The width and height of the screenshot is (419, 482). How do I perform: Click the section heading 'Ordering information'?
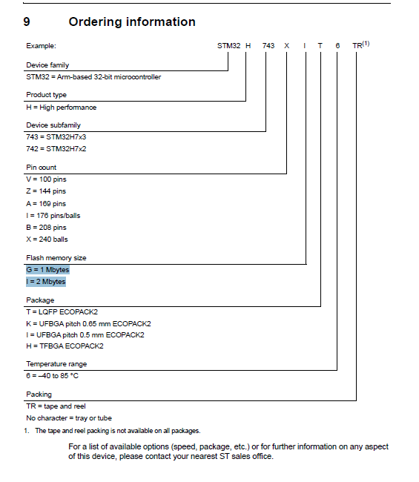click(x=132, y=22)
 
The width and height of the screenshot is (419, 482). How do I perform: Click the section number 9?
click(x=27, y=22)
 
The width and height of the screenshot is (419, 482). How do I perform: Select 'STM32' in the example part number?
click(x=228, y=46)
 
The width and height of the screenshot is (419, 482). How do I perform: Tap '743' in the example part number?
click(x=268, y=46)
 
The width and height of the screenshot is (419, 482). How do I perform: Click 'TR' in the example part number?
click(x=357, y=46)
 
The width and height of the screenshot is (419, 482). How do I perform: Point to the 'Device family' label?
click(x=47, y=65)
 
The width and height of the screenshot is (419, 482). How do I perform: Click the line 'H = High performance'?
click(x=61, y=107)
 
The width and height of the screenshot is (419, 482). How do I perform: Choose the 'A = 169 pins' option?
click(x=46, y=203)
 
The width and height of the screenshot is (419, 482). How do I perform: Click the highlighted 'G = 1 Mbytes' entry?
click(x=47, y=270)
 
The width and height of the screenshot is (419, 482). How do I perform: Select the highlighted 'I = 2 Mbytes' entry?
click(x=46, y=282)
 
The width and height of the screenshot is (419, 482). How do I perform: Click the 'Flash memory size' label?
click(x=56, y=257)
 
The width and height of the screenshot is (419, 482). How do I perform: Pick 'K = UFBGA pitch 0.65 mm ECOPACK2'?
click(x=88, y=323)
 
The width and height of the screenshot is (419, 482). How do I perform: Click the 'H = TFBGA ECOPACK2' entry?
click(x=65, y=346)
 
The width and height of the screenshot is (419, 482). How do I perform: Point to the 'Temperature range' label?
click(x=56, y=364)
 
